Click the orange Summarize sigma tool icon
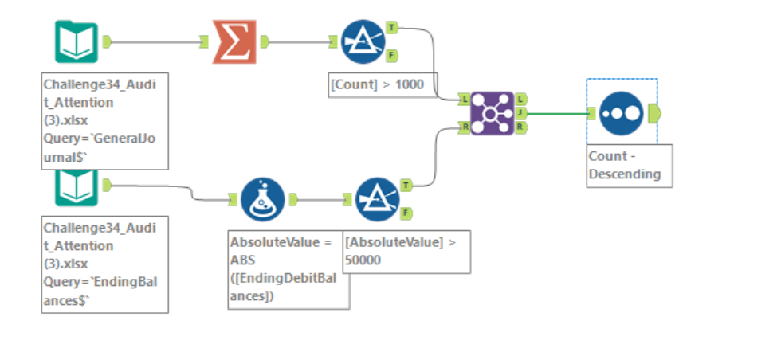(235, 41)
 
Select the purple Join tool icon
(492, 112)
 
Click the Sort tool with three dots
(621, 112)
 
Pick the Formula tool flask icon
(263, 199)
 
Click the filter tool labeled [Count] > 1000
(363, 41)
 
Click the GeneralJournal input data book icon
(77, 41)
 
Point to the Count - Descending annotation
(629, 166)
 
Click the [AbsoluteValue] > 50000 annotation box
(406, 251)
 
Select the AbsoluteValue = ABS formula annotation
(288, 269)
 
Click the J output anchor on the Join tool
(520, 112)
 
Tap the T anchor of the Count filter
(392, 28)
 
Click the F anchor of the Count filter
(392, 55)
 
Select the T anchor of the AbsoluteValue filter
(406, 186)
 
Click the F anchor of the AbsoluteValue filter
(406, 213)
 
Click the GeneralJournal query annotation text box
(104, 121)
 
